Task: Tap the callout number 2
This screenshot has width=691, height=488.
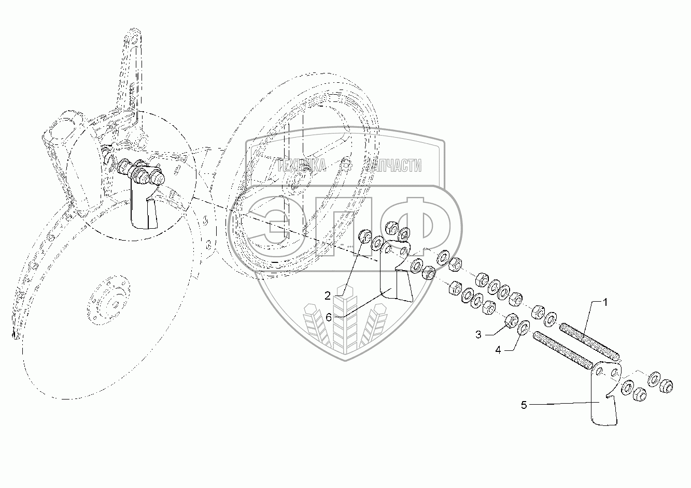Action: click(328, 295)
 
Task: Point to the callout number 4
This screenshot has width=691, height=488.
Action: click(498, 350)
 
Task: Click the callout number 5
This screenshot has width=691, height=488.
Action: click(524, 405)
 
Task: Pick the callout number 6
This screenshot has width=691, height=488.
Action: click(328, 317)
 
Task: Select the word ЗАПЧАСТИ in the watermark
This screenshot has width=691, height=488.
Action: click(392, 166)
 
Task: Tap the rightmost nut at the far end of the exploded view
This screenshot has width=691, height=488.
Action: click(666, 385)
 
